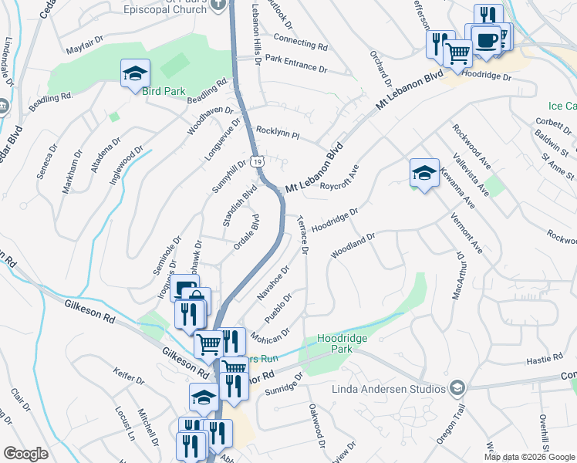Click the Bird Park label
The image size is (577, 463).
tap(164, 91)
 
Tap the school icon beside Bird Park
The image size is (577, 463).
tap(135, 74)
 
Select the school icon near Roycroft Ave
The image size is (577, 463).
tap(423, 174)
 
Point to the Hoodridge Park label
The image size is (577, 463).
tap(342, 343)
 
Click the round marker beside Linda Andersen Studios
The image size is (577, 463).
tap(457, 387)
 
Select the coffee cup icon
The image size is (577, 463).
tap(486, 39)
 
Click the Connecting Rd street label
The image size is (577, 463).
tap(300, 44)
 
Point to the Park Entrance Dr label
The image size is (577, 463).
tap(295, 62)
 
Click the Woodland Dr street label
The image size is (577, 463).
tap(353, 246)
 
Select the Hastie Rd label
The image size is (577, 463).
tap(546, 359)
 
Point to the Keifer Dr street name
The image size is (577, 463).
tap(128, 380)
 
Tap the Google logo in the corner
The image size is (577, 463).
tap(25, 454)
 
